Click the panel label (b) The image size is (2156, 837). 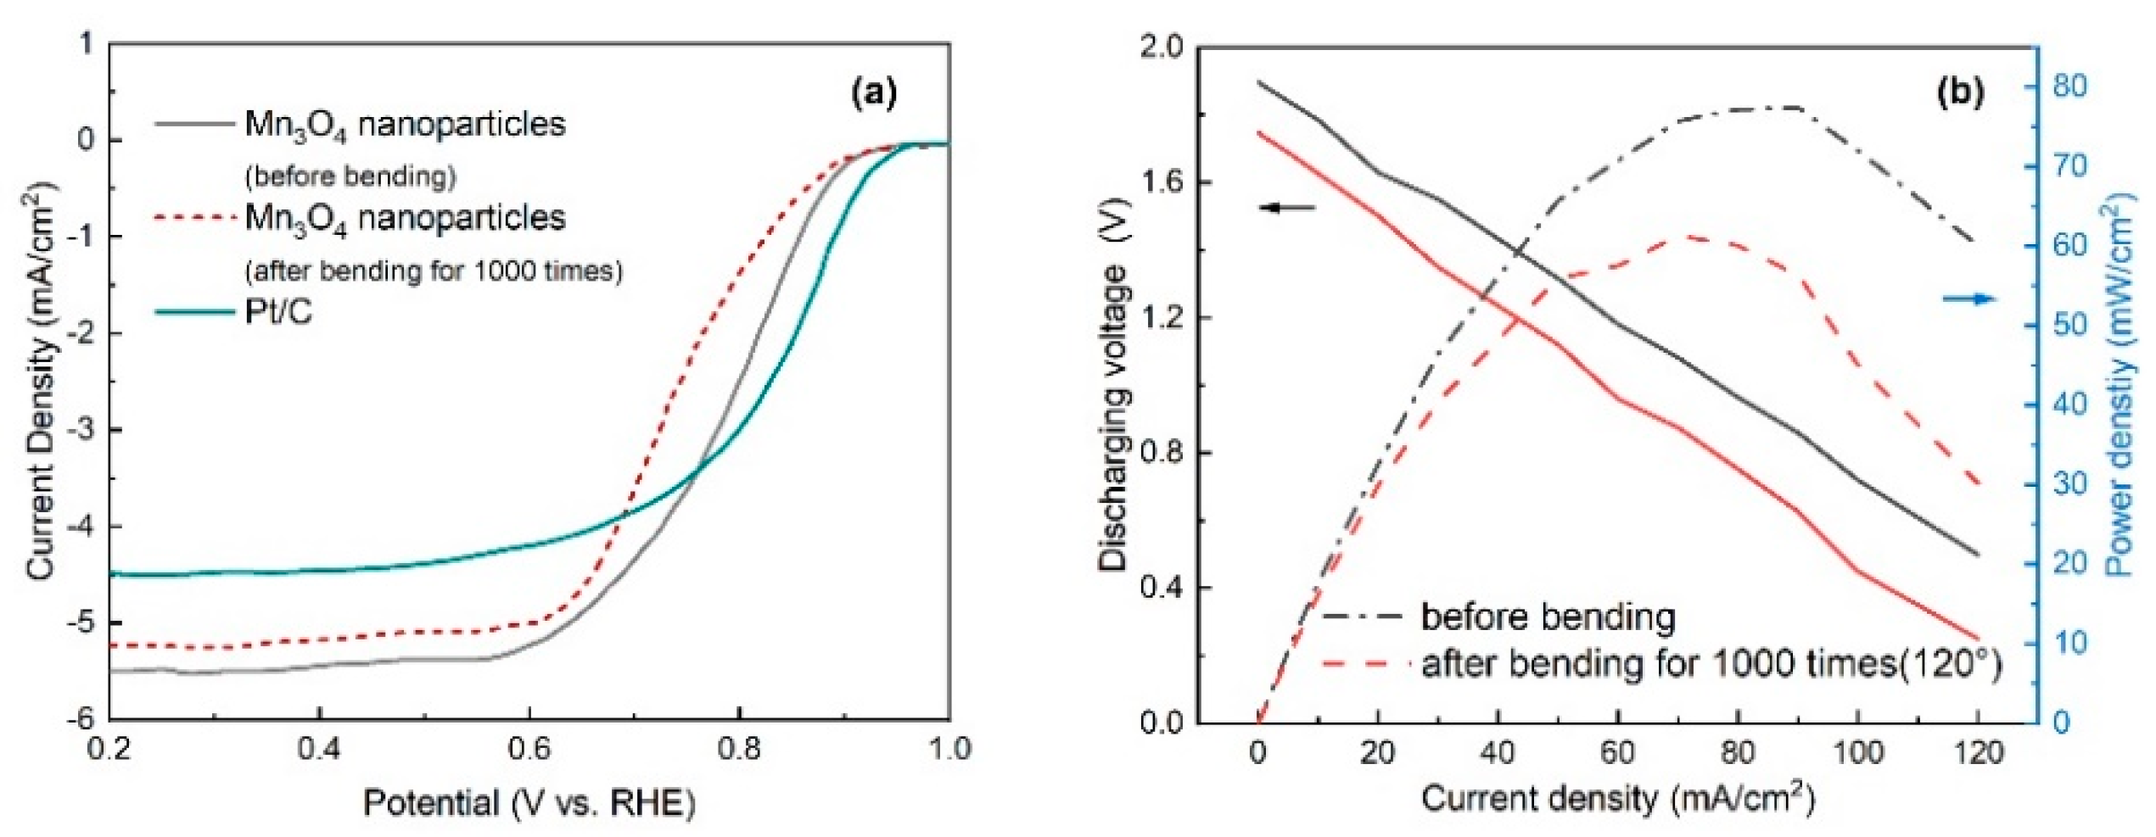pos(1961,91)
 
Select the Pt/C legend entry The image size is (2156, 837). pos(278,312)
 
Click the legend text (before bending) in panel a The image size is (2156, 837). pos(350,176)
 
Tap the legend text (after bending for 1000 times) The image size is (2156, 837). pos(434,271)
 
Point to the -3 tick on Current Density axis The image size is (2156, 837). pos(85,430)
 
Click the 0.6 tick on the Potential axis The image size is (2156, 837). pos(529,749)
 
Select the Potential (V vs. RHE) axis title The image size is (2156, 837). pos(529,802)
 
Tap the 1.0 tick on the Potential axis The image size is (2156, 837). pos(949,749)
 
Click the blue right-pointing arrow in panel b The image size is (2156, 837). pos(1969,299)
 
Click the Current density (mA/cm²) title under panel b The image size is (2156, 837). pos(1617,800)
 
